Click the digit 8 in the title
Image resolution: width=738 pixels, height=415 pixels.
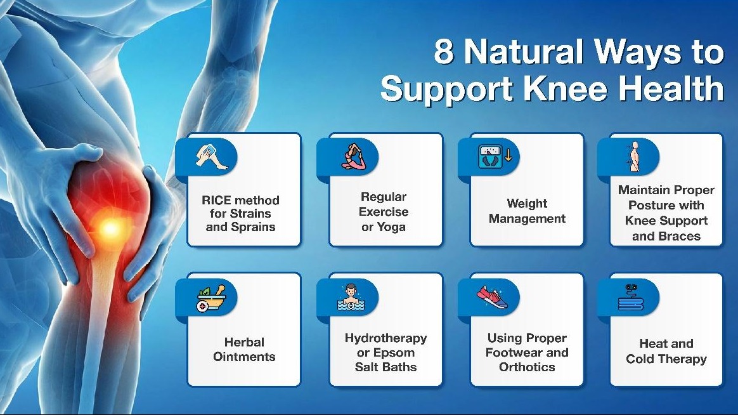(444, 51)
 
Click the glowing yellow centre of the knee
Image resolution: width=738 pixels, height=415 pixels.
(110, 228)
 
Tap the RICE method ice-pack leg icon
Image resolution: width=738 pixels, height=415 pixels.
(212, 157)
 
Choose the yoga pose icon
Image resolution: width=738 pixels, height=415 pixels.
(354, 157)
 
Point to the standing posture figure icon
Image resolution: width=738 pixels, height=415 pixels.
(634, 156)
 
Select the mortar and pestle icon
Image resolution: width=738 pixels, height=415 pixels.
(211, 298)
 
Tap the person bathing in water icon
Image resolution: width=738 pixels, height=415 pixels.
(351, 298)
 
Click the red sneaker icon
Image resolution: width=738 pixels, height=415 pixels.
(493, 298)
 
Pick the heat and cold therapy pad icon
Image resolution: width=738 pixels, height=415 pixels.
(631, 298)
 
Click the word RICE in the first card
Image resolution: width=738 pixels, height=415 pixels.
(216, 200)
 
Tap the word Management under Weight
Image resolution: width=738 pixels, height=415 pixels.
(527, 218)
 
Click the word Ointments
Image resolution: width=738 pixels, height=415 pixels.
(244, 357)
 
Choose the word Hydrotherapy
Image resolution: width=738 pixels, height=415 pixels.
(386, 338)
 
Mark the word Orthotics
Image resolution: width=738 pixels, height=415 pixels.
(527, 367)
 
